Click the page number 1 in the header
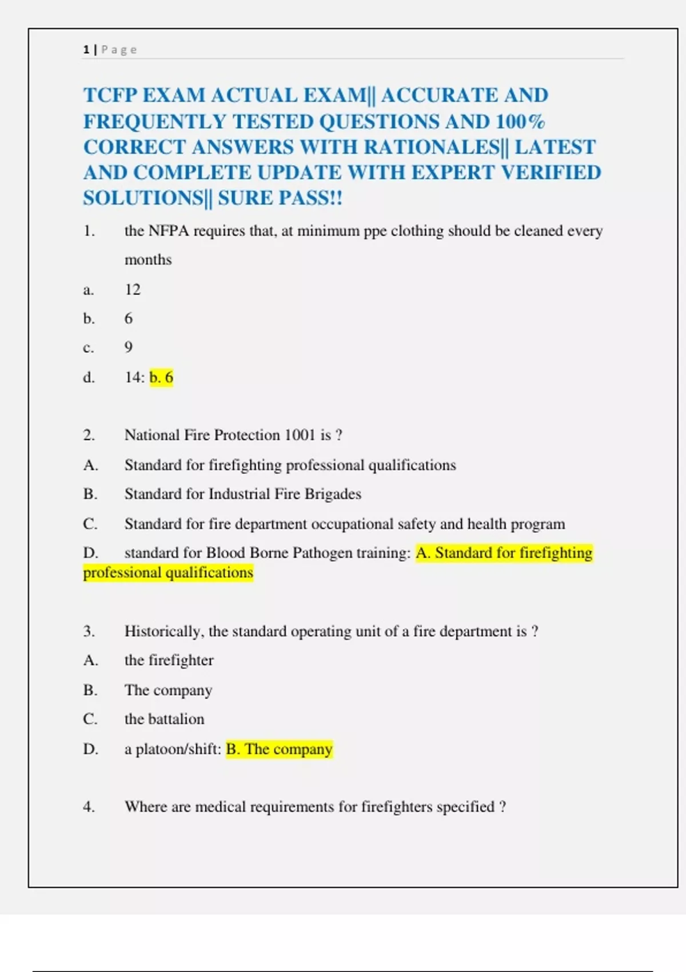click(86, 50)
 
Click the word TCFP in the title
click(110, 95)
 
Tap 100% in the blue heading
click(520, 121)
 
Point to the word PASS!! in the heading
click(310, 198)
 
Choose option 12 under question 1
click(133, 290)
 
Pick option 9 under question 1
click(129, 348)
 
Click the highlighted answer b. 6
click(161, 377)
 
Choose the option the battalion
click(164, 719)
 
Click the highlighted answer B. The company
click(279, 749)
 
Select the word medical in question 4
click(220, 807)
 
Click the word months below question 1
click(148, 260)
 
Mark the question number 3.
click(89, 631)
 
